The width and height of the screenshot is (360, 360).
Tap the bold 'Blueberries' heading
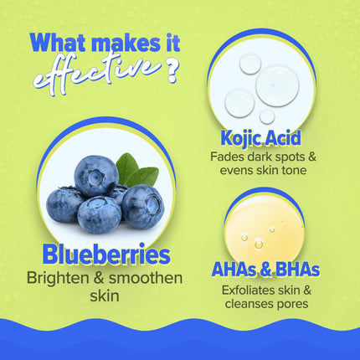100,255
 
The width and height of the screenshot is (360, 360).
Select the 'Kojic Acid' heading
261,139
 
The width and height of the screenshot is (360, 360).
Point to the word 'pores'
289,303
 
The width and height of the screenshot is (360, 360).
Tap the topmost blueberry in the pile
96,175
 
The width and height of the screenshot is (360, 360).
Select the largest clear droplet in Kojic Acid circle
277,85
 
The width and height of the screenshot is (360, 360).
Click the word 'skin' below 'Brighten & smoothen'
100,296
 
